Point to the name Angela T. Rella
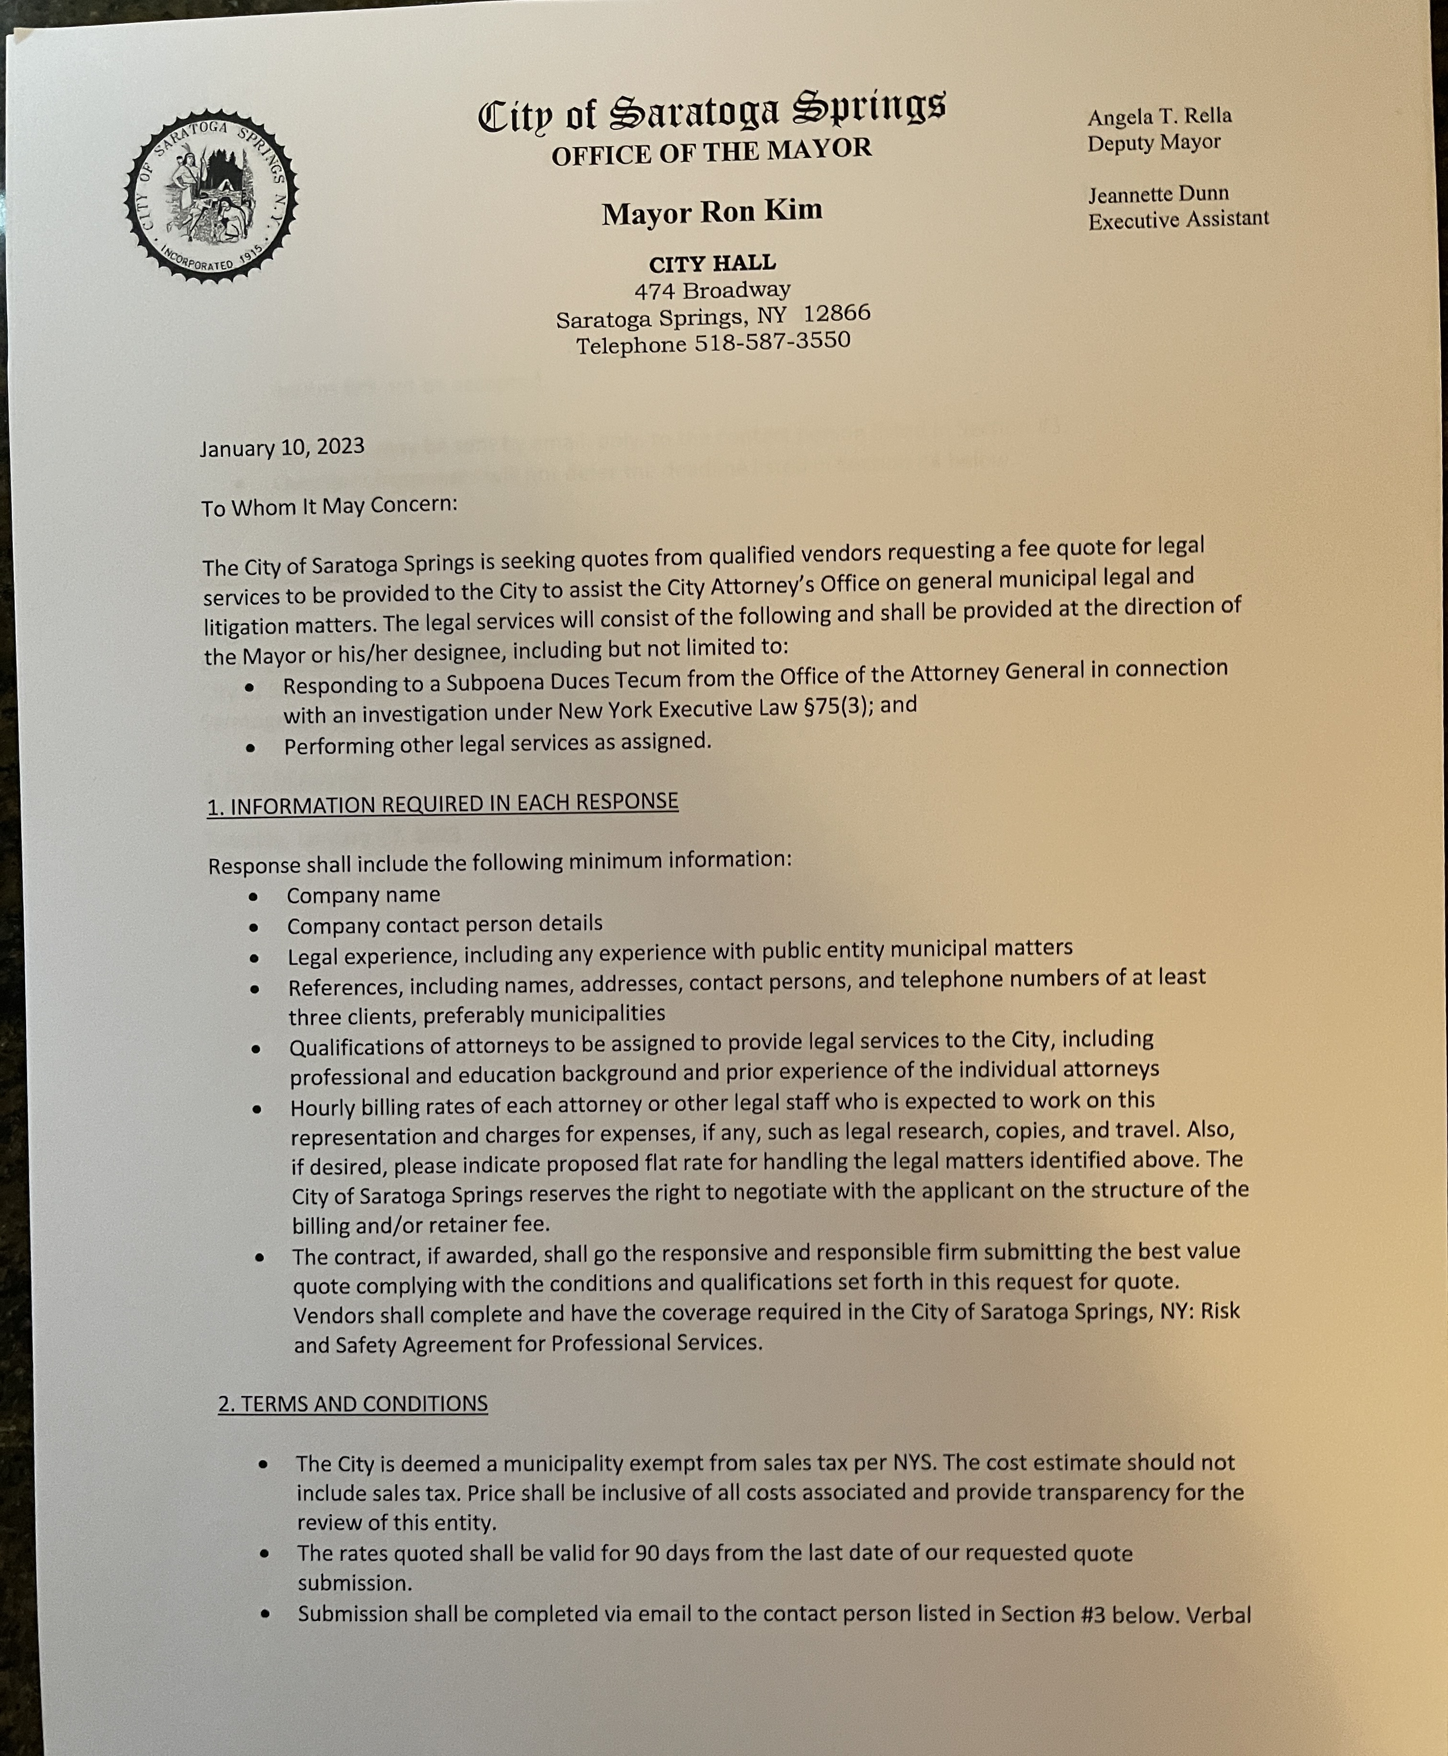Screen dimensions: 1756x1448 1158,116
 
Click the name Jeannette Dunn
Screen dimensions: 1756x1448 1158,194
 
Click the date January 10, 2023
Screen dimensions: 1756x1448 282,447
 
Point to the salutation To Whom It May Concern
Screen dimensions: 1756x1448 329,506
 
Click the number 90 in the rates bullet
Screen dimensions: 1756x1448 647,1553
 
